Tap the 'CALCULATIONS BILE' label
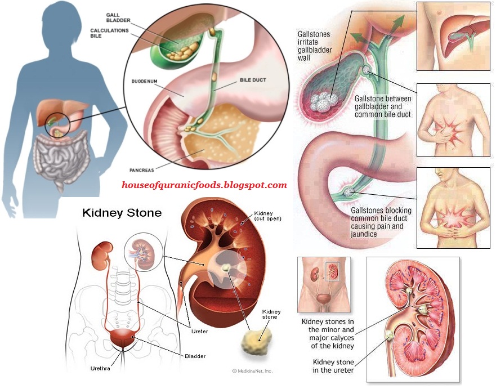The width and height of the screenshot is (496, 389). click(x=109, y=33)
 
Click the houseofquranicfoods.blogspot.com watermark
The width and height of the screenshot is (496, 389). click(x=204, y=185)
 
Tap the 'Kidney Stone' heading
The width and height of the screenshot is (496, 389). click(x=122, y=213)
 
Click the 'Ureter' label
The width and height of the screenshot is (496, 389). click(x=199, y=332)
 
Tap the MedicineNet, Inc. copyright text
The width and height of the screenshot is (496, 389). click(x=252, y=371)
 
